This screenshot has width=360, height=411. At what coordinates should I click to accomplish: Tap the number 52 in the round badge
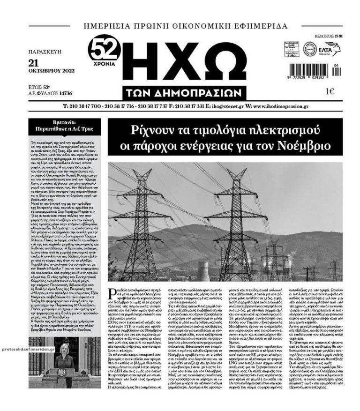[x=105, y=47]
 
